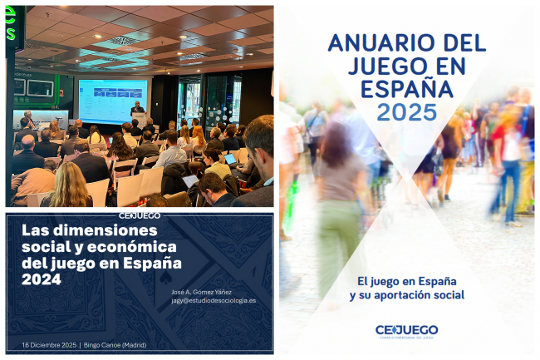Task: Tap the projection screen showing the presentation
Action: pos(112,99)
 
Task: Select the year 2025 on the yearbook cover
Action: pos(407,112)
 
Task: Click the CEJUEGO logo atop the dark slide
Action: pos(140,215)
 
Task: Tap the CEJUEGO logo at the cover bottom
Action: pos(406,330)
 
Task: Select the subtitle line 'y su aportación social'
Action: pos(406,295)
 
